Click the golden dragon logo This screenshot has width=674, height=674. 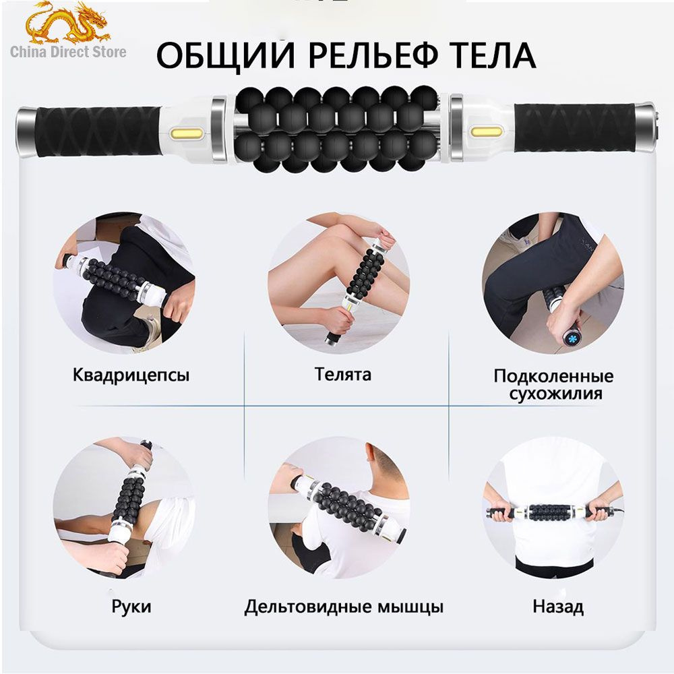pyautogui.click(x=67, y=23)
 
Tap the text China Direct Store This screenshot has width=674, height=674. pyautogui.click(x=68, y=52)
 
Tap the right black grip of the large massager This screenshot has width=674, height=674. pyautogui.click(x=574, y=127)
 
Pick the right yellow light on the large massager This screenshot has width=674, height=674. pyautogui.click(x=486, y=131)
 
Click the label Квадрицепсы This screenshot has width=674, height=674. pyautogui.click(x=131, y=375)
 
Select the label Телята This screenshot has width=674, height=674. pyautogui.click(x=342, y=374)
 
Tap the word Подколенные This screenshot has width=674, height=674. pyautogui.click(x=553, y=376)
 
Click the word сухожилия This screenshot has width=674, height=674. pyautogui.click(x=555, y=394)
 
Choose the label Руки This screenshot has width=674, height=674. pyautogui.click(x=131, y=607)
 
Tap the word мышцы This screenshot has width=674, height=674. pyautogui.click(x=410, y=607)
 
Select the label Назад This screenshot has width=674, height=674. pyautogui.click(x=558, y=607)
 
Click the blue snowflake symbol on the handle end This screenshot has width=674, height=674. pyautogui.click(x=572, y=336)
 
